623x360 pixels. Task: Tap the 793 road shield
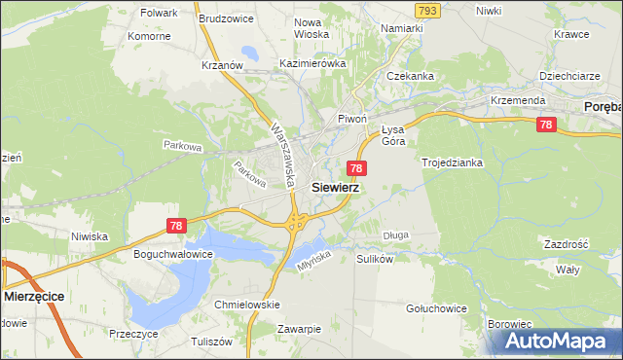[x=426, y=10]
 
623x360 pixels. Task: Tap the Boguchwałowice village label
[x=172, y=255]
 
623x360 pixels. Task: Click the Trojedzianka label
[x=452, y=162]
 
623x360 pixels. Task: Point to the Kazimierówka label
[x=312, y=62]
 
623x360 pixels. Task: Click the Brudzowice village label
[x=225, y=18]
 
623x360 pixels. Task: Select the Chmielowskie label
[x=246, y=304]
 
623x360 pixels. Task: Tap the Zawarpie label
[x=298, y=329]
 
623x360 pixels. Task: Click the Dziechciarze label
[x=568, y=75]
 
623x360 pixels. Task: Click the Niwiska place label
[x=90, y=235]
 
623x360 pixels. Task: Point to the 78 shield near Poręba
[x=546, y=125]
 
